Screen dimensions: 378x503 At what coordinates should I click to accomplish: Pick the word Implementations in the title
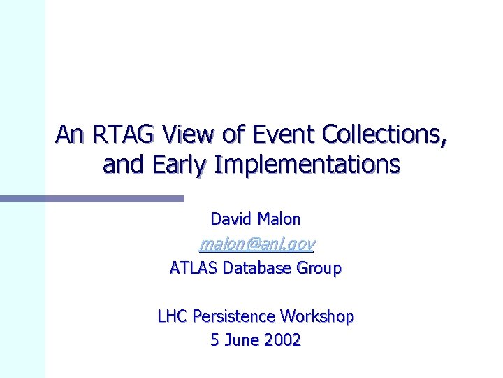click(x=307, y=164)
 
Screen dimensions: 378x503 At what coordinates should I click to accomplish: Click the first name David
click(x=231, y=219)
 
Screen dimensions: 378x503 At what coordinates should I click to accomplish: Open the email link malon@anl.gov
click(x=256, y=244)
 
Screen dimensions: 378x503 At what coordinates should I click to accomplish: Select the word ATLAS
click(x=194, y=267)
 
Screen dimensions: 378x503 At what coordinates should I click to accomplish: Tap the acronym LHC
click(x=173, y=316)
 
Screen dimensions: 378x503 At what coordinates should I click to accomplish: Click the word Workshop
click(x=318, y=316)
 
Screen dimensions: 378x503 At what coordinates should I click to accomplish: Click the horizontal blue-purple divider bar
click(x=91, y=199)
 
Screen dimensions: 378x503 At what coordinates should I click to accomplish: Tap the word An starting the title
click(x=68, y=133)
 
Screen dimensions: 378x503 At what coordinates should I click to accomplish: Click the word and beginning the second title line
click(x=119, y=164)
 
